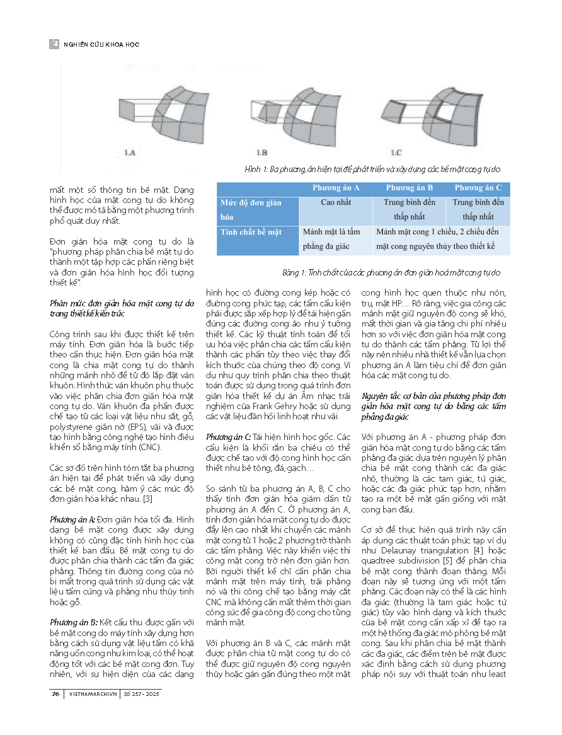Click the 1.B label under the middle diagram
click(x=262, y=152)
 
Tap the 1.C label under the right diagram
click(x=396, y=152)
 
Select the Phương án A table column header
click(x=336, y=188)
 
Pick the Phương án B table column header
click(x=410, y=188)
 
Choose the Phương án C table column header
click(x=478, y=188)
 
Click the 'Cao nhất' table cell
click(x=336, y=203)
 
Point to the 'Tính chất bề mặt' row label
click(x=251, y=232)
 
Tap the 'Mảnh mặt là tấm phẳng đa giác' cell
click(x=335, y=238)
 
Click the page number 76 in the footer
click(x=55, y=694)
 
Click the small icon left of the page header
click(x=54, y=44)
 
